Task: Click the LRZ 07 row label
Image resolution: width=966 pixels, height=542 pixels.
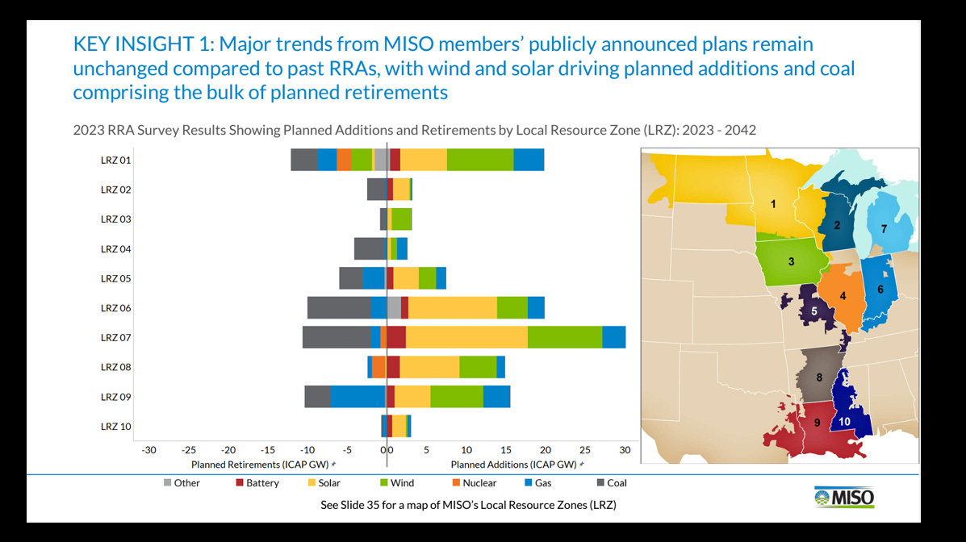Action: tap(115, 337)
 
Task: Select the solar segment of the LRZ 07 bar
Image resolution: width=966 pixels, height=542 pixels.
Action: tap(466, 337)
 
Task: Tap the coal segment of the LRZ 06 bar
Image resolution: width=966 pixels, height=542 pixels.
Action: tap(338, 307)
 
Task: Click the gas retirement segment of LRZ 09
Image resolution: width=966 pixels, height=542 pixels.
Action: tap(358, 397)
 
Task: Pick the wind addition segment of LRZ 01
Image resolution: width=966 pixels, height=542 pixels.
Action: tap(479, 160)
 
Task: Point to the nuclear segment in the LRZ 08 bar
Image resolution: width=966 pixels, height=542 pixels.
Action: tap(378, 367)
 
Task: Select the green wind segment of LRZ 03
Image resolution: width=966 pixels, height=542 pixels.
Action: tap(401, 219)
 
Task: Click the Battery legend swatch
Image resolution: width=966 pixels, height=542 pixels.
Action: tap(239, 483)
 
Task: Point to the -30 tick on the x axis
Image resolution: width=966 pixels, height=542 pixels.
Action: tap(148, 450)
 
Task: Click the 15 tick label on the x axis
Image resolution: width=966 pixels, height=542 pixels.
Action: tap(505, 450)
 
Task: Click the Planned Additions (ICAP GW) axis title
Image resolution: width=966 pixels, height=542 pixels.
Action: tap(513, 465)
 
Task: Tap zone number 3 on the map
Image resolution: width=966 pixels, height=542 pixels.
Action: tap(792, 261)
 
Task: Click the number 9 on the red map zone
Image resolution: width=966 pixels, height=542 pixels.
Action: tap(816, 423)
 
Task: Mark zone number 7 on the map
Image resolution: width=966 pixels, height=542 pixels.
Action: tap(884, 229)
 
